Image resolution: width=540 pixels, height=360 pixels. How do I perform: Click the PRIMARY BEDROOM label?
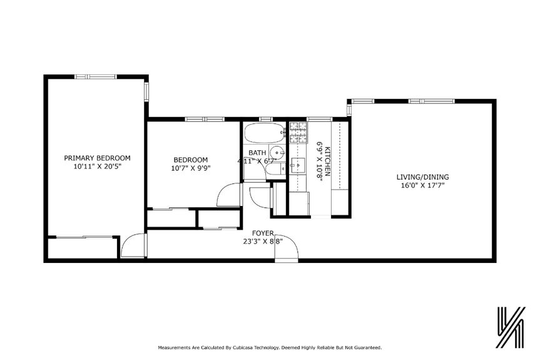click(97, 158)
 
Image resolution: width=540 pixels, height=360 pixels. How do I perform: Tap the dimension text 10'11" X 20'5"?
click(97, 167)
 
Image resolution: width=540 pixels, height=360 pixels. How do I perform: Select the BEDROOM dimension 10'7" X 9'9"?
click(191, 168)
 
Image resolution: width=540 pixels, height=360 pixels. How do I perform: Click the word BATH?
click(257, 153)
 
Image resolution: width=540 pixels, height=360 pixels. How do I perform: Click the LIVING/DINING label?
click(422, 177)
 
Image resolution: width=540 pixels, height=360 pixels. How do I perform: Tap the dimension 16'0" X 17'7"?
click(422, 185)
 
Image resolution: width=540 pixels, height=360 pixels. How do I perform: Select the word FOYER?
click(263, 233)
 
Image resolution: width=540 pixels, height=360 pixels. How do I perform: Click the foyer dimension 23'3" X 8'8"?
click(263, 242)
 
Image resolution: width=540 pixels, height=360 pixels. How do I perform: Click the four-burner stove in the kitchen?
click(298, 131)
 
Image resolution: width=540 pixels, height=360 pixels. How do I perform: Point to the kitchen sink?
click(298, 165)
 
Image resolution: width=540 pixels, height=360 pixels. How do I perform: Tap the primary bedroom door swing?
click(133, 247)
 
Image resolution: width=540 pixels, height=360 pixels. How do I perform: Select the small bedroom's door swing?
click(230, 195)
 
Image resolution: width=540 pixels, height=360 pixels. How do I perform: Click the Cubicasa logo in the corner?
click(509, 327)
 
